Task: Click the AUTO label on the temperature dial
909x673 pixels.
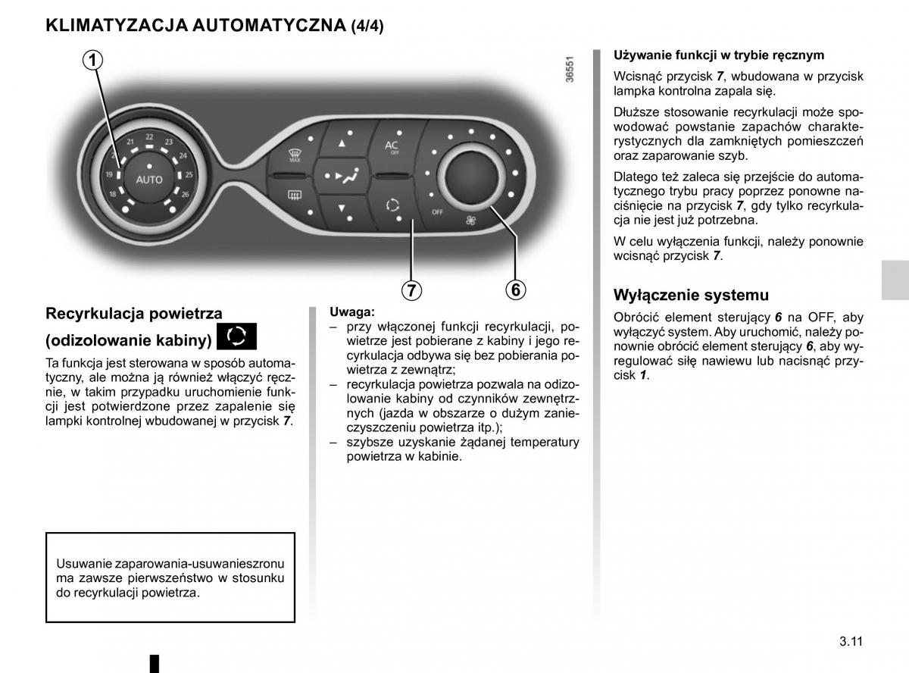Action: pyautogui.click(x=149, y=180)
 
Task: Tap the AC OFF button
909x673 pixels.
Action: pyautogui.click(x=392, y=146)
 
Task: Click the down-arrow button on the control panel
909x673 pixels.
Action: pyautogui.click(x=342, y=208)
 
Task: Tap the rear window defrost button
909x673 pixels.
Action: pyautogui.click(x=292, y=196)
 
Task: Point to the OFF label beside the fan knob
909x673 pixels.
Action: pyautogui.click(x=437, y=212)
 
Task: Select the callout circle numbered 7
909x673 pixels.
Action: pyautogui.click(x=411, y=290)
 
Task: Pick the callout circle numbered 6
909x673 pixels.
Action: pyautogui.click(x=514, y=290)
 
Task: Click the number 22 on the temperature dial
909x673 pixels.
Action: pyautogui.click(x=150, y=137)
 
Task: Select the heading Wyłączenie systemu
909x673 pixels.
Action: pyautogui.click(x=690, y=296)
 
